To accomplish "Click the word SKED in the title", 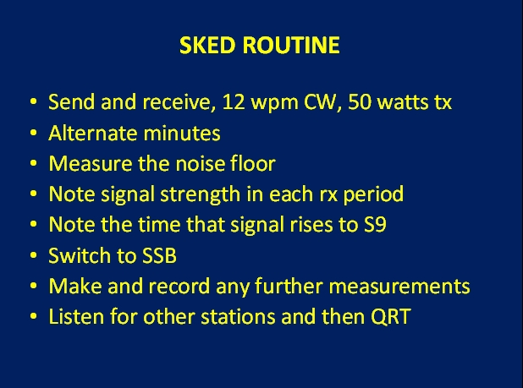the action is (206, 45).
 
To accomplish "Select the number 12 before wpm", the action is (234, 101).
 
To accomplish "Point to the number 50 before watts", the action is (360, 101).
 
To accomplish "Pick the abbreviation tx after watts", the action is (443, 102).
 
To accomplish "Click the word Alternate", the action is (93, 133).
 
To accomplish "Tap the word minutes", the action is (182, 133).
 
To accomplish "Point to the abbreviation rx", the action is (329, 195).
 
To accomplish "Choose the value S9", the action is (375, 225).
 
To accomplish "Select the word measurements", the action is (399, 286).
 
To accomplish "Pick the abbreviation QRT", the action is (391, 317).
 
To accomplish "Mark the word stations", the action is (238, 316).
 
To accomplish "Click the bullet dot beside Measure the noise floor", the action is (33, 163).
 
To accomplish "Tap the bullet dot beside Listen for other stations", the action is (33, 316).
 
